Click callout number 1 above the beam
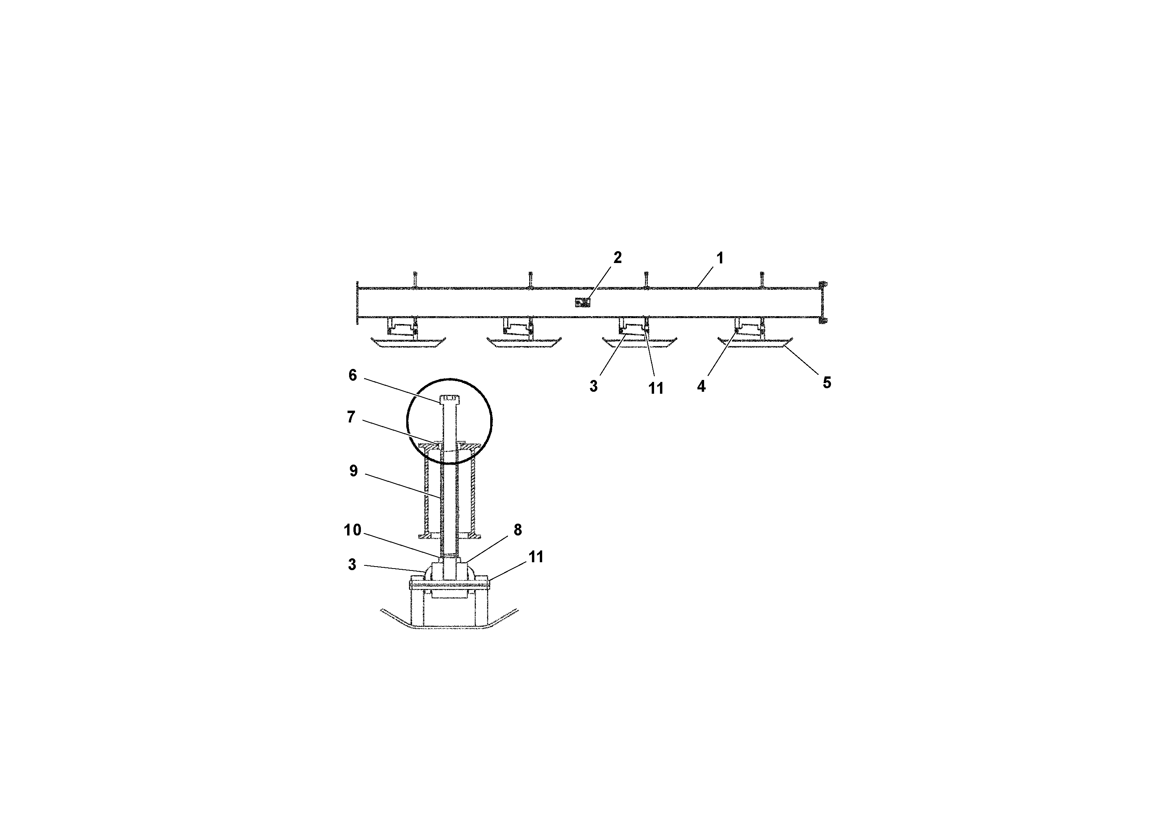pos(720,258)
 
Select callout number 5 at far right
pos(827,382)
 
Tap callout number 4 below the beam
pos(701,386)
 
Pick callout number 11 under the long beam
pos(656,389)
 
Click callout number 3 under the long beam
pos(593,386)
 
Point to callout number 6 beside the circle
pos(353,375)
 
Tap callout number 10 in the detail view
pos(353,530)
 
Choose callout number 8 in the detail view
pos(517,530)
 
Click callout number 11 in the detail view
pos(535,557)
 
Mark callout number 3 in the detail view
pos(352,565)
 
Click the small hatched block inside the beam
pos(582,303)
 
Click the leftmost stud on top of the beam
pos(415,279)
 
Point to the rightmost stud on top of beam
pos(761,279)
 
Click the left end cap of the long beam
pos(358,303)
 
